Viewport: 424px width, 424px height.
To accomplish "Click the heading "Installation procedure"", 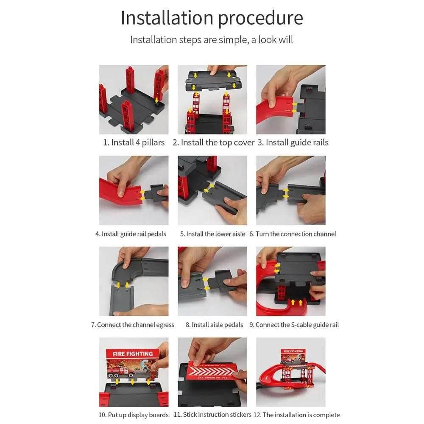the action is (x=212, y=18).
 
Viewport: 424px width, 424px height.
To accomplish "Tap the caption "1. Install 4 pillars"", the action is (x=134, y=142).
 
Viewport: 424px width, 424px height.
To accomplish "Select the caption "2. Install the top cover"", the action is (x=214, y=142).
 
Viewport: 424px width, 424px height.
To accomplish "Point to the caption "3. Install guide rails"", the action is (x=293, y=142).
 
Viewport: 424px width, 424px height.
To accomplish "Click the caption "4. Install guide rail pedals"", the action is (x=131, y=234).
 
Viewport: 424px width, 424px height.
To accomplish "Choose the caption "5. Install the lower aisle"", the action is (x=212, y=234).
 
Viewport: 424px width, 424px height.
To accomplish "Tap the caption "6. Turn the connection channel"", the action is (x=293, y=234).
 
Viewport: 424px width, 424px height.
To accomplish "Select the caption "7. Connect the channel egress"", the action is (x=133, y=325).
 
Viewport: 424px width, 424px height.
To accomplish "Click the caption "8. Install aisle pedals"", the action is (x=214, y=325).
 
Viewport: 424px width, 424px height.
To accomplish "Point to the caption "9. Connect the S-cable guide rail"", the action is (x=294, y=325).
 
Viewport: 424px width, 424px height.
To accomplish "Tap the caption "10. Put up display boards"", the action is (x=133, y=415).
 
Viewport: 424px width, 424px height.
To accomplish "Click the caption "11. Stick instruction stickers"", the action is (x=212, y=415).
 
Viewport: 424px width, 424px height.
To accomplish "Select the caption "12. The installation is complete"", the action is (x=297, y=415).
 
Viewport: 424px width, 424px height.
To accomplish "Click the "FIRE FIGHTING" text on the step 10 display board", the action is (x=133, y=354).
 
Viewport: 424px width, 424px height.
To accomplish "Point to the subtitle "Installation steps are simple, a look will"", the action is (x=212, y=40).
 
